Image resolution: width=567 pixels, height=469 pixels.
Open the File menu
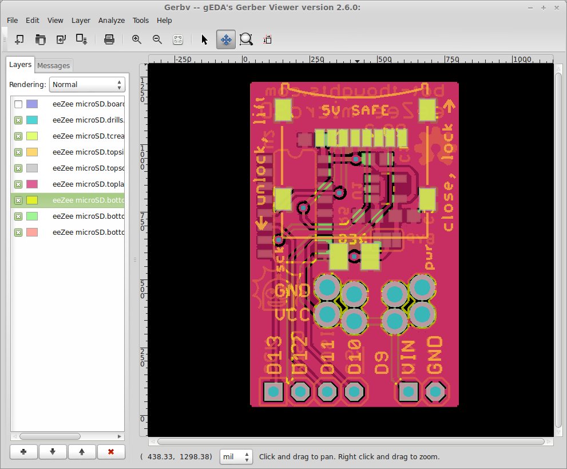point(12,20)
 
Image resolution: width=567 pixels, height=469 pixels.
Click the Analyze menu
point(111,20)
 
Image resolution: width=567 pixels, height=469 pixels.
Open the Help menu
point(164,20)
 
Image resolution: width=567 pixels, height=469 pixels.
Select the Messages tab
point(53,65)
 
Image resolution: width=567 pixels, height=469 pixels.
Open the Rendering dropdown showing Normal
point(87,84)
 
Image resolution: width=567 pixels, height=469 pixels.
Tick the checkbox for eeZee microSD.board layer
point(18,104)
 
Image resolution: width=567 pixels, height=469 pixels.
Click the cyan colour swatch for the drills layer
point(32,120)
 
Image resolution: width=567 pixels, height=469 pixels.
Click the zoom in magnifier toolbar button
point(137,40)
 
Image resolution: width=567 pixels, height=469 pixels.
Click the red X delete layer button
point(111,451)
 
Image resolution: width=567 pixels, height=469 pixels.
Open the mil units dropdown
point(236,457)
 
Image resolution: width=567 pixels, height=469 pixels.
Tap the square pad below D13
point(273,392)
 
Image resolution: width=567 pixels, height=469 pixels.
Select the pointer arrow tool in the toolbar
point(205,40)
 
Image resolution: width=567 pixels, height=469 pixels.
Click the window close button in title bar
point(557,7)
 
